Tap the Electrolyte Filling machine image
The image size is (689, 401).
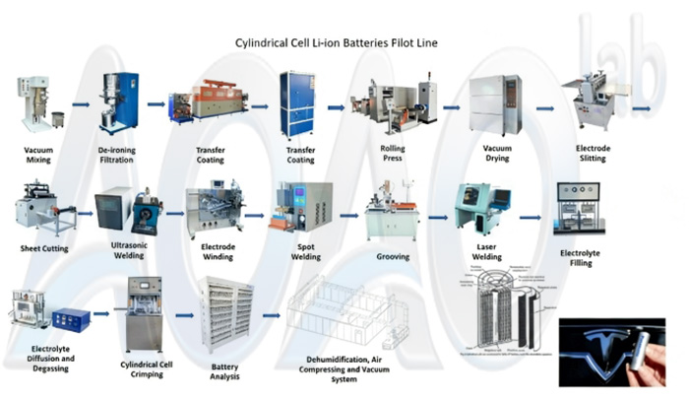[x=581, y=213]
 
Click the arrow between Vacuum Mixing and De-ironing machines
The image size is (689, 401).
[x=80, y=101]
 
